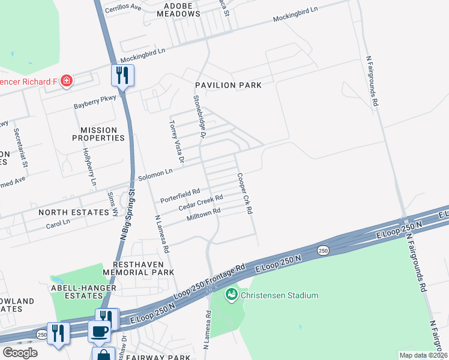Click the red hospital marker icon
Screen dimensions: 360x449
(67, 81)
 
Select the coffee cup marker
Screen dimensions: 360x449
(99, 331)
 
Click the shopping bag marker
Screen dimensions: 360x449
(103, 355)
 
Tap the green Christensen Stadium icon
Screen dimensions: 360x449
(231, 295)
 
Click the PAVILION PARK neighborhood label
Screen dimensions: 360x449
(228, 85)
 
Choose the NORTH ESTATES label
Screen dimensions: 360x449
(67, 212)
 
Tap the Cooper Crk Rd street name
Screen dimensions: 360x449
(244, 194)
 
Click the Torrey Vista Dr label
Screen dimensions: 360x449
(176, 141)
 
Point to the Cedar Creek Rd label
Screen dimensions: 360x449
(200, 202)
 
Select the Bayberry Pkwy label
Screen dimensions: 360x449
(94, 105)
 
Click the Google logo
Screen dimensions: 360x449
(20, 353)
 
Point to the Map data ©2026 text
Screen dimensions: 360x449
(423, 355)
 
